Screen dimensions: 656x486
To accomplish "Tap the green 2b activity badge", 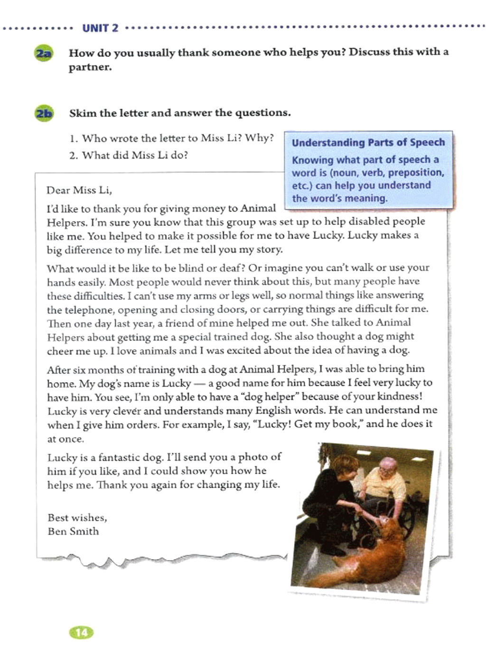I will click(x=44, y=114).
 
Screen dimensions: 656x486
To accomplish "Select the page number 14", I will click(x=82, y=632).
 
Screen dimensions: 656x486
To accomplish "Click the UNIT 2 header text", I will click(x=100, y=28).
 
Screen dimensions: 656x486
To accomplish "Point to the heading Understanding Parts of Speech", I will click(x=368, y=142).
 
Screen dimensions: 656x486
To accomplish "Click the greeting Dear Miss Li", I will click(x=79, y=190).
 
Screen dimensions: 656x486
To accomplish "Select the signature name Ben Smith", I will click(x=73, y=531).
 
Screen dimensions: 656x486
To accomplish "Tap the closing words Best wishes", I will click(x=77, y=517).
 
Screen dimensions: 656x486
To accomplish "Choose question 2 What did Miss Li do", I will click(x=129, y=155).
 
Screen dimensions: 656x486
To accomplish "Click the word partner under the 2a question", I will click(x=90, y=67).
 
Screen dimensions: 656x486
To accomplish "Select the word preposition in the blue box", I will click(x=419, y=173).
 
